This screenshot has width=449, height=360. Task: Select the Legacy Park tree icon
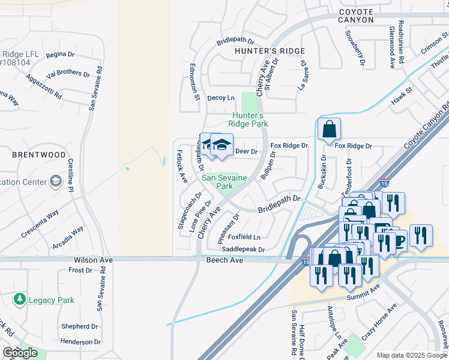click(x=20, y=299)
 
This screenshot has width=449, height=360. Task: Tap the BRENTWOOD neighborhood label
click(x=39, y=155)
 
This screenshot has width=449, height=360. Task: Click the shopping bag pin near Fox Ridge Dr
click(x=329, y=129)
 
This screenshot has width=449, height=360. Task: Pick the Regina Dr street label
click(x=60, y=55)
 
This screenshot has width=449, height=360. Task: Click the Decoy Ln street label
click(x=221, y=98)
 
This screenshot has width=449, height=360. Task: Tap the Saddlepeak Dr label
click(x=243, y=249)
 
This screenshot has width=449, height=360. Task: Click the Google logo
click(x=20, y=353)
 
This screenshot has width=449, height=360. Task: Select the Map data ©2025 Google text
click(x=412, y=355)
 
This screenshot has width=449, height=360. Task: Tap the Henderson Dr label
click(x=80, y=342)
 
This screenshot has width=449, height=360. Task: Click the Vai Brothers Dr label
click(x=68, y=74)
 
